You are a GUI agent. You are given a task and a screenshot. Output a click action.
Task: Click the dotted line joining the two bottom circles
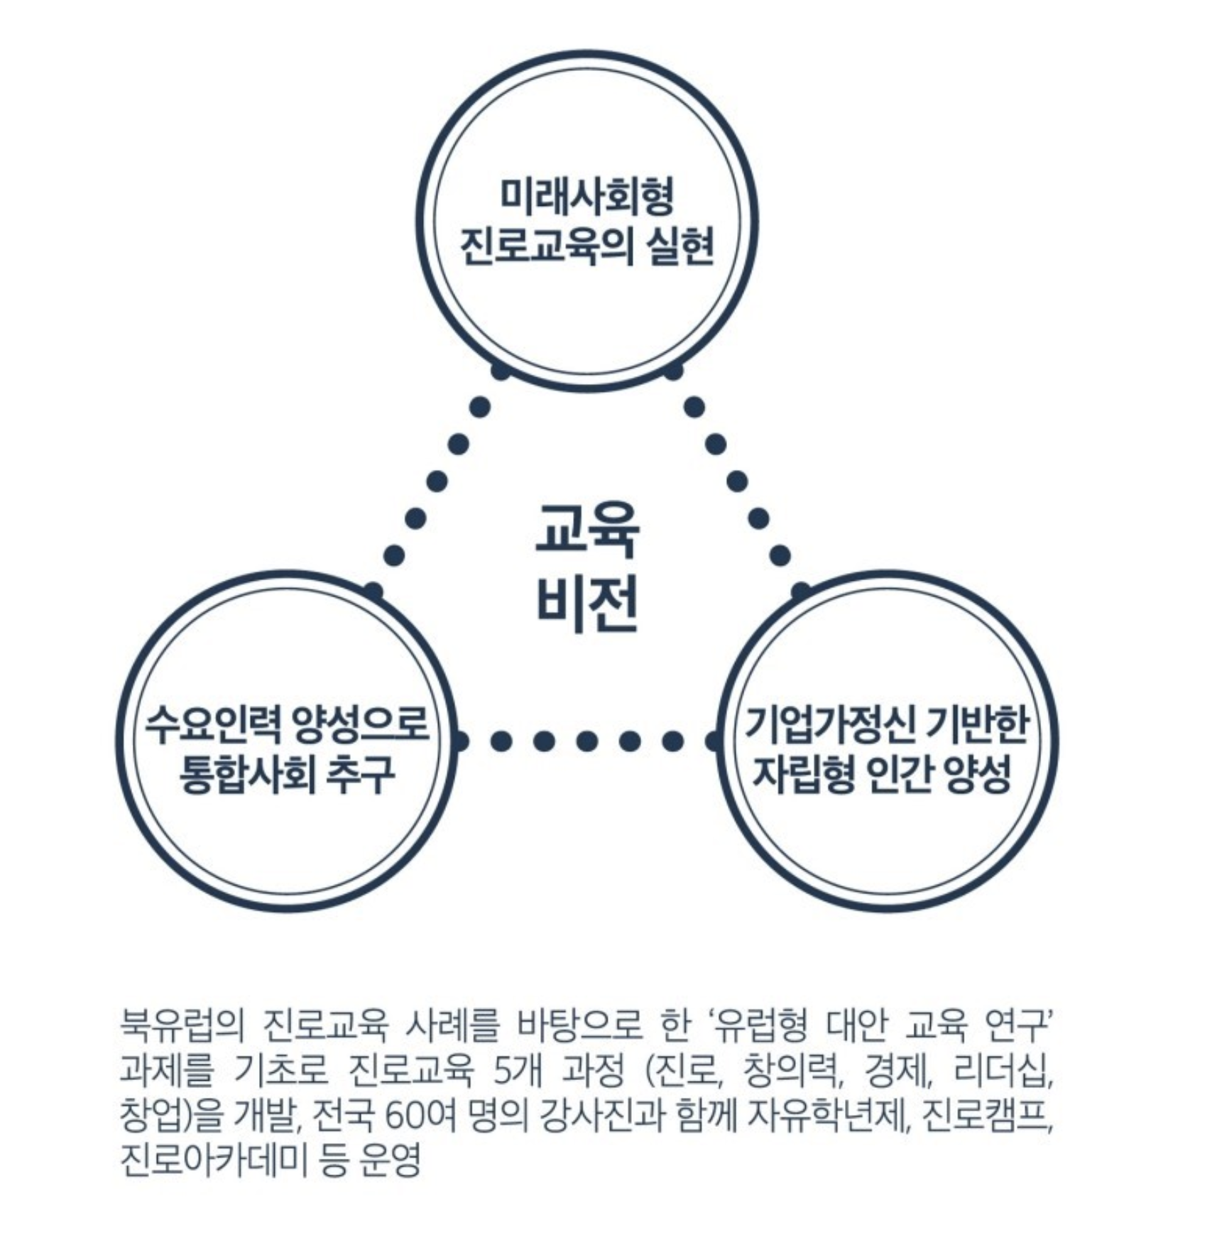[x=586, y=741]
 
